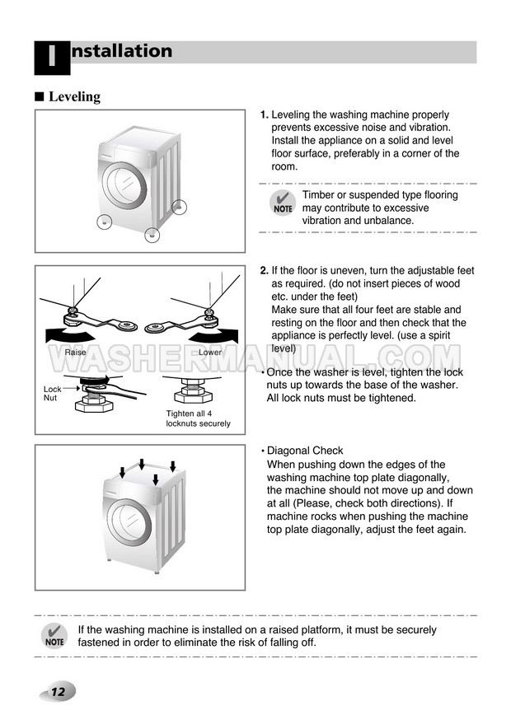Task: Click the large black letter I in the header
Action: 51,58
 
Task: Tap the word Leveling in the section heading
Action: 74,96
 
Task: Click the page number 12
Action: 58,691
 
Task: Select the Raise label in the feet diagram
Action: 75,353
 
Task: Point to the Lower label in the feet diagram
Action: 211,353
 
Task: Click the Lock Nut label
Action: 51,393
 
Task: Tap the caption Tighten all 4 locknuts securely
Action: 198,418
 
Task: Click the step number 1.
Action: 264,115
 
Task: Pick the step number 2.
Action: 264,271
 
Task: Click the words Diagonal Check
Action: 305,451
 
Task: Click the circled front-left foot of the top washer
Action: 104,222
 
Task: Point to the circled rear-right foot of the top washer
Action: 180,207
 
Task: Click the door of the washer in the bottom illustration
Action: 124,522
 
